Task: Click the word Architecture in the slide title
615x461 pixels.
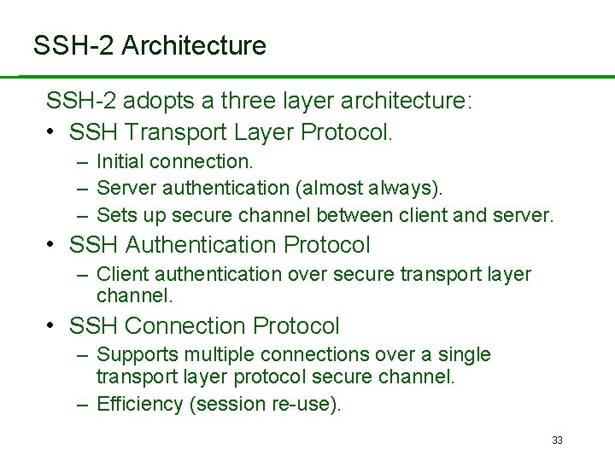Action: [194, 45]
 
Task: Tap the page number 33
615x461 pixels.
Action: [558, 441]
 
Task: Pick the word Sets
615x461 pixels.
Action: [114, 214]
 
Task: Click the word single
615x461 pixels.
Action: [464, 355]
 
